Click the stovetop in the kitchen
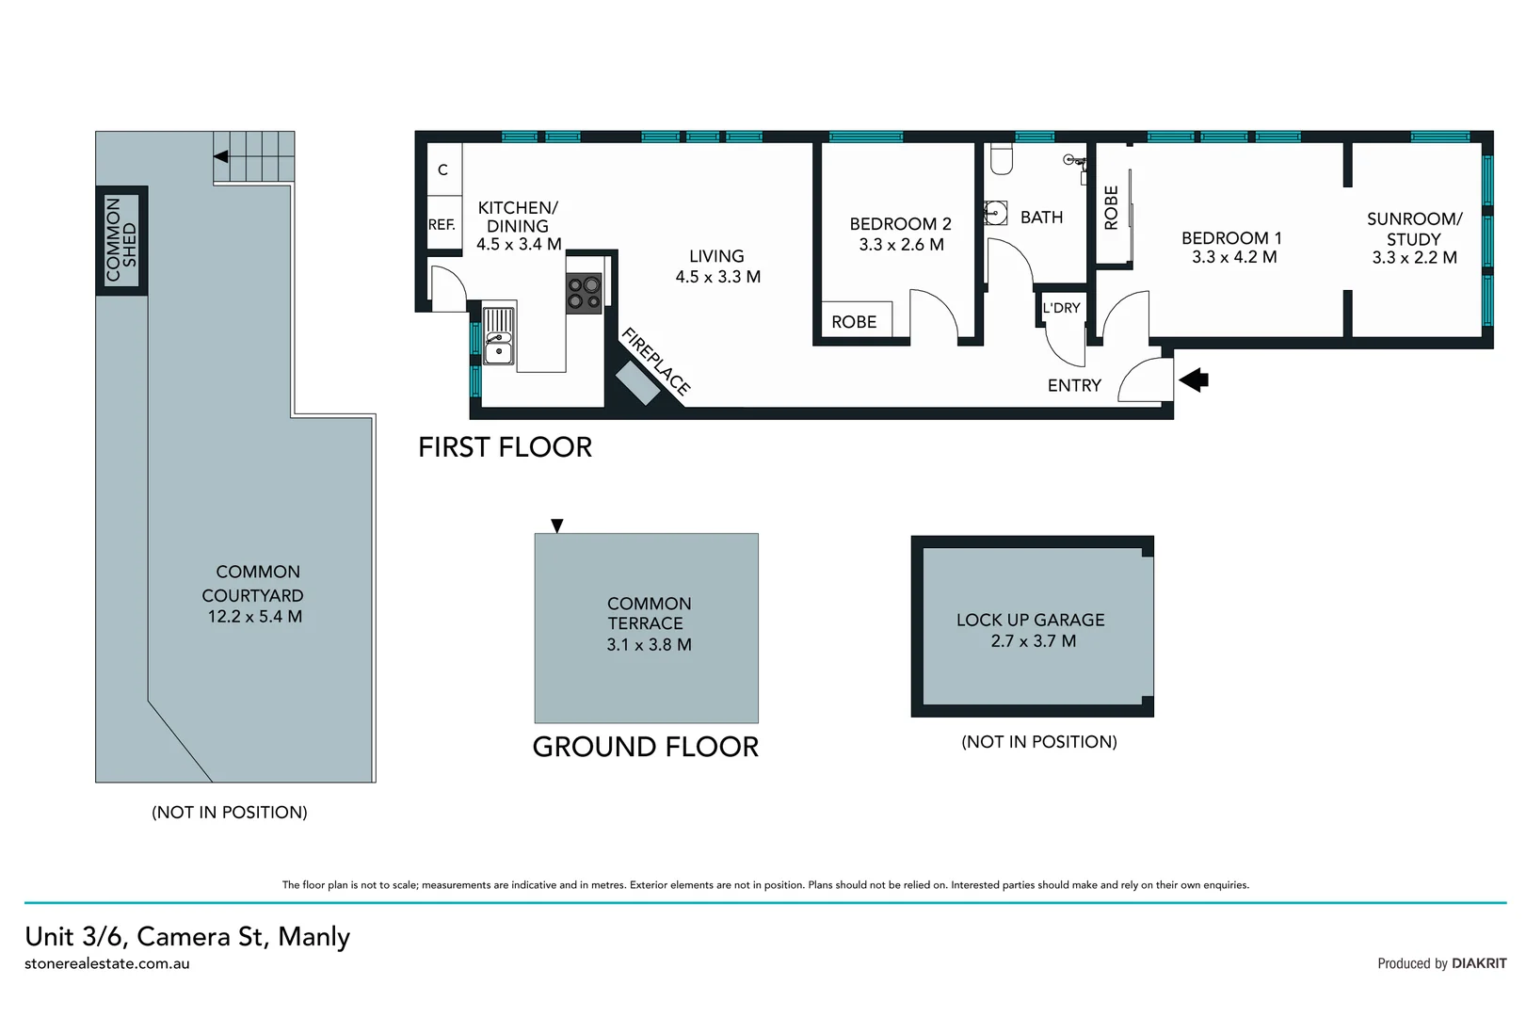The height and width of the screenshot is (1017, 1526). point(585,293)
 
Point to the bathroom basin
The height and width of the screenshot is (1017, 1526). point(996,213)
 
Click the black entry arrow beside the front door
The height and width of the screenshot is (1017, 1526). point(1194,380)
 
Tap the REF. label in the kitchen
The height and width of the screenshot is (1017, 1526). point(442,225)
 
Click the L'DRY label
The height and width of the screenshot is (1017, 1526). point(1061,308)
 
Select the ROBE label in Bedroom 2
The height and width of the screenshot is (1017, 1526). point(854,322)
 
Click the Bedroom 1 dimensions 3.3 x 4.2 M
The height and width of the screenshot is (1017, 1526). point(1233,257)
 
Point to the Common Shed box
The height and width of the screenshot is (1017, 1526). point(121,240)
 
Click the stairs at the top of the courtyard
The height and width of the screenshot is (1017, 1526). point(254,156)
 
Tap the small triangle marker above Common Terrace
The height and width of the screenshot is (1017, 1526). point(557,525)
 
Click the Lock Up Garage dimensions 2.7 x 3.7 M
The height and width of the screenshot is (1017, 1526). point(1033,641)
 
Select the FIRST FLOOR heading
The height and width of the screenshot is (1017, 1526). point(505,447)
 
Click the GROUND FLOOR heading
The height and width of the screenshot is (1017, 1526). point(645,747)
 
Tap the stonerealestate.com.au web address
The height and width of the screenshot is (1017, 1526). point(107,964)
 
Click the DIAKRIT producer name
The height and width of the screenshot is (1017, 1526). point(1478,963)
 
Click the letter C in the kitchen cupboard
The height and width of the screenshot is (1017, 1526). point(442,170)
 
